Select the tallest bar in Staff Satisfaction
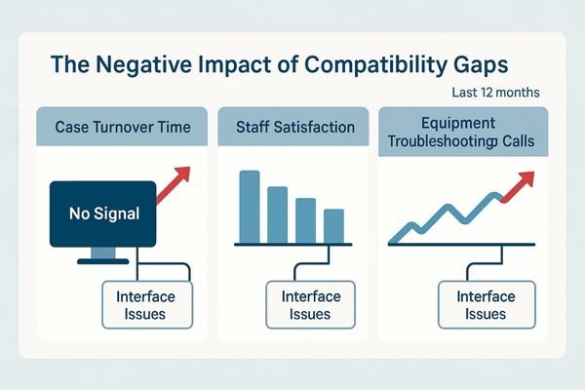(x=250, y=206)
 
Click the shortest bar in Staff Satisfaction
(x=333, y=224)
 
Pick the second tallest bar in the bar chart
(x=278, y=214)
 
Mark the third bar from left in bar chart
(x=305, y=219)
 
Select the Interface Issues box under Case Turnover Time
(x=142, y=305)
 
